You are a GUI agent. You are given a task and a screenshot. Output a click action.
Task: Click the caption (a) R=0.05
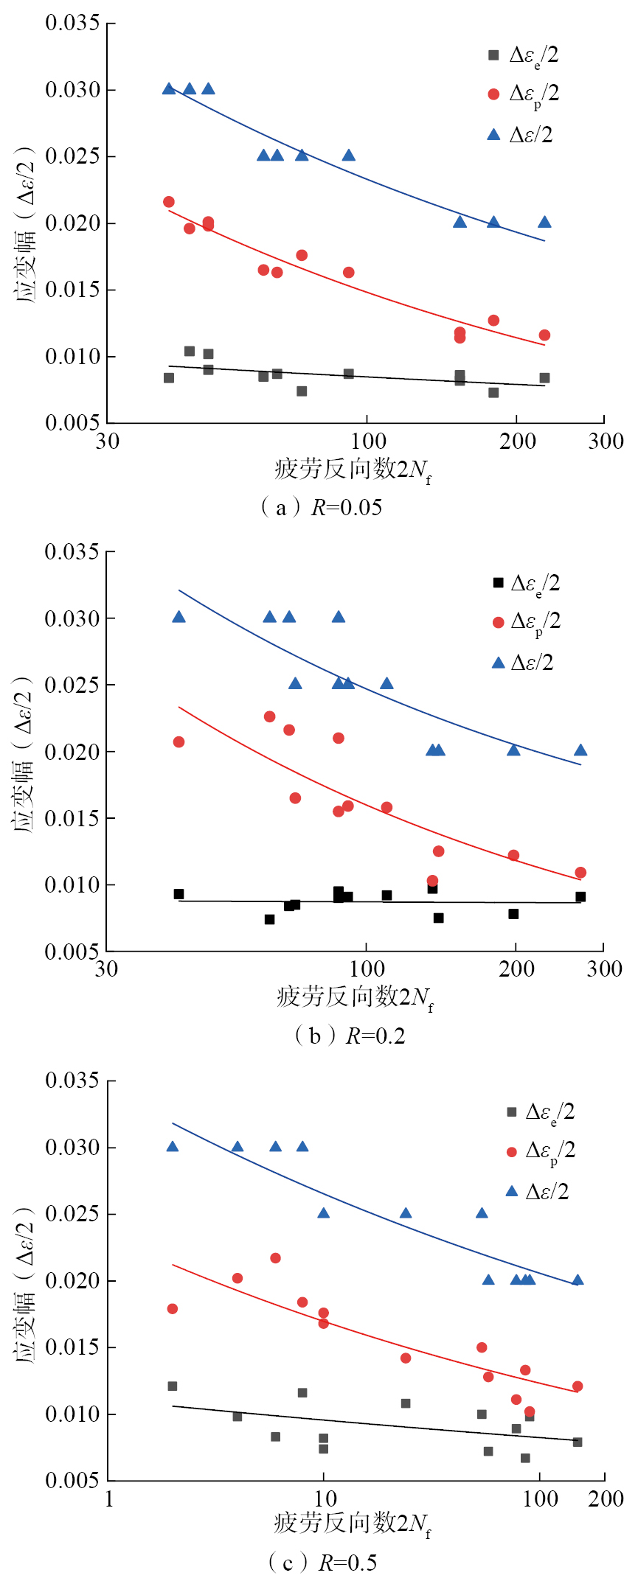(x=322, y=507)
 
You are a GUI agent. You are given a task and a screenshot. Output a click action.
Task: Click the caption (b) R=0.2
(x=349, y=1036)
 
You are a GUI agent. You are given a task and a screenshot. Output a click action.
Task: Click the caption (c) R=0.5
(x=322, y=1562)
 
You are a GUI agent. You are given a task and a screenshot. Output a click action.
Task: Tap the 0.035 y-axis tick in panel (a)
(x=72, y=23)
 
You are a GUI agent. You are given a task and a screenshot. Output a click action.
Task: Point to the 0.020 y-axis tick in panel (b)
(x=72, y=752)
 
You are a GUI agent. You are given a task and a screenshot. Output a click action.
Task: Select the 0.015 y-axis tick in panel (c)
(x=72, y=1347)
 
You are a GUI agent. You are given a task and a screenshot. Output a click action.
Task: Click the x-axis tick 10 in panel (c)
(x=325, y=1498)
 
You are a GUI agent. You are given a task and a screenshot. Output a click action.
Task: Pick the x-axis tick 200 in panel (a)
(x=517, y=441)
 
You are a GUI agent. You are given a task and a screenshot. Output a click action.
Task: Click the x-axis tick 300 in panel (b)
(x=604, y=969)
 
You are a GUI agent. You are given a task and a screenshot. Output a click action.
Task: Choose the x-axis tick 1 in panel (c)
(x=109, y=1498)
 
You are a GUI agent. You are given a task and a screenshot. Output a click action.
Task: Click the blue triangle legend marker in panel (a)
(x=493, y=134)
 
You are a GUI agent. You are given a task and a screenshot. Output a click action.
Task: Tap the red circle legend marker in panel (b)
(x=498, y=622)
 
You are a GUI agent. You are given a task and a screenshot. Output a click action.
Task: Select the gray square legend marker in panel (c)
(x=511, y=1111)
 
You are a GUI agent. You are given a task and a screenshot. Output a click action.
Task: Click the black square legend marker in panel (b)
(x=498, y=583)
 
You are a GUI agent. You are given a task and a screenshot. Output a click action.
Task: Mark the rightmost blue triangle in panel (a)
(x=544, y=222)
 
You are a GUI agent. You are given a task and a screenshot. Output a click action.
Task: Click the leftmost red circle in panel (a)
(x=169, y=202)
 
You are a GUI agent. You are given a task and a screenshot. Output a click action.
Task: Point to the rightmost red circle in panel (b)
(x=580, y=873)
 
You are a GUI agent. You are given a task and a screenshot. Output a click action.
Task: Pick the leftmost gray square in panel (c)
(x=173, y=1386)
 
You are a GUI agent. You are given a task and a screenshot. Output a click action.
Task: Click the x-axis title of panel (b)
(x=355, y=997)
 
